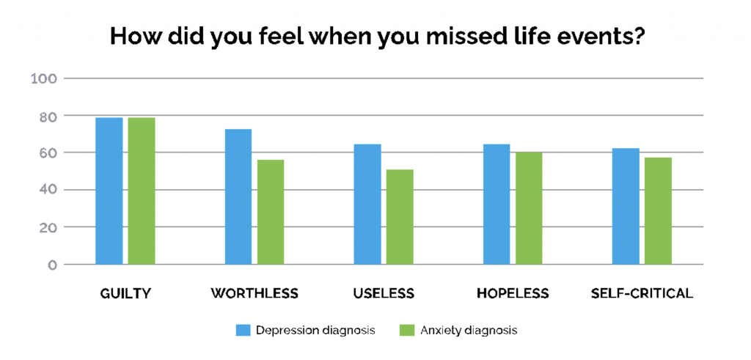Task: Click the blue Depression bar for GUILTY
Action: coord(109,191)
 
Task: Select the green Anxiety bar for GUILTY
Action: coord(142,191)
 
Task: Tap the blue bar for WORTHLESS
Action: coord(238,196)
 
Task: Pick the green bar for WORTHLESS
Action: coord(271,212)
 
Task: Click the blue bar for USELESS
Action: coord(367,204)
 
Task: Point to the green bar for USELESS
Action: coord(400,216)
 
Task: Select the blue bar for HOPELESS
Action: coord(497,204)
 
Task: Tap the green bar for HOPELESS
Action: coord(529,208)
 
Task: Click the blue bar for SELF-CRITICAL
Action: coord(626,206)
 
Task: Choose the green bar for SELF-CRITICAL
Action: coord(658,210)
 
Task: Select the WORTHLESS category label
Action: coord(254,293)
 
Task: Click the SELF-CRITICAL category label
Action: coord(642,293)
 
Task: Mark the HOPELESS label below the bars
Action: coord(513,293)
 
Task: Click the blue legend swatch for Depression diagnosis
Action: coord(243,330)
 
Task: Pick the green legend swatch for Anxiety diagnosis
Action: coord(408,330)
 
